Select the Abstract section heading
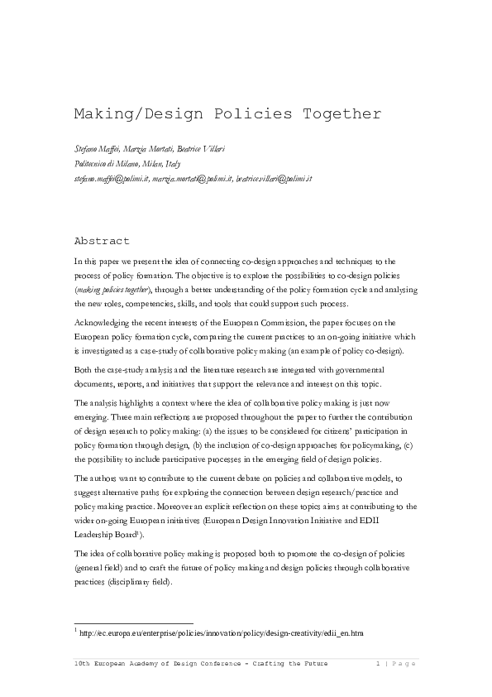coord(102,241)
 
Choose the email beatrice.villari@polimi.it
coord(274,179)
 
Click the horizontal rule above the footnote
coord(133,622)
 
